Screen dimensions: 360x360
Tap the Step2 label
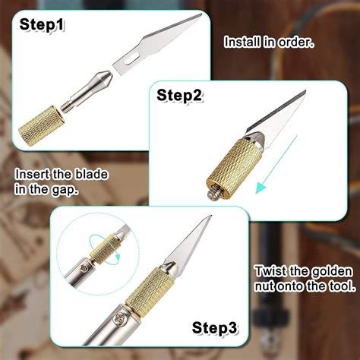pos(180,96)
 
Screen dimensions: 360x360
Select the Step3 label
pos(215,328)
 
